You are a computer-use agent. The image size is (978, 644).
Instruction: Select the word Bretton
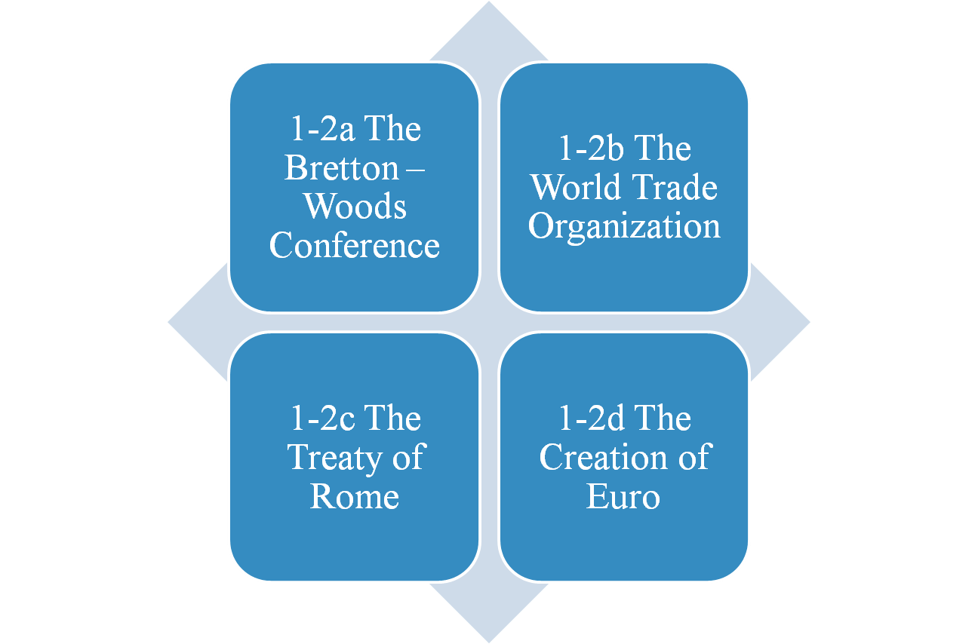[340, 168]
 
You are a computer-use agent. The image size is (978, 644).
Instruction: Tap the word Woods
[355, 207]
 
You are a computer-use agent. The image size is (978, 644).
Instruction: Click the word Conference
[354, 246]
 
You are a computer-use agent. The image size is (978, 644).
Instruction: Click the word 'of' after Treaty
[407, 458]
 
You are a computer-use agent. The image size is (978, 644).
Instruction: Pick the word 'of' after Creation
[692, 458]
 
